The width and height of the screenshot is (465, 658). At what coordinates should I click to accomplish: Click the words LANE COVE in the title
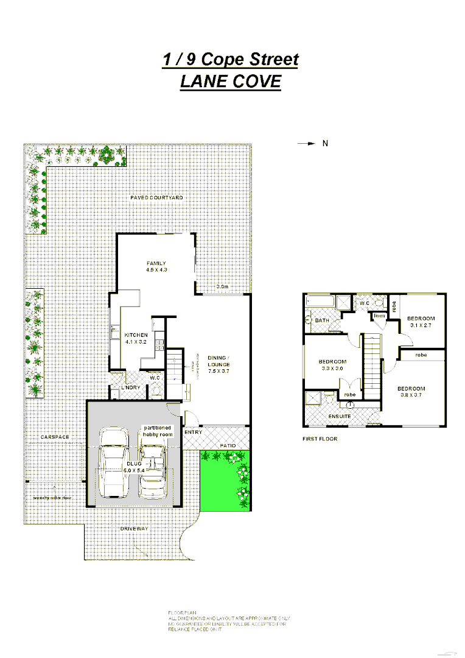pyautogui.click(x=230, y=81)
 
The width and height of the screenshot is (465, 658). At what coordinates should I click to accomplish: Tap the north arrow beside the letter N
pyautogui.click(x=306, y=144)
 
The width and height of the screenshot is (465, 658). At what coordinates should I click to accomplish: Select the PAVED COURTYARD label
pyautogui.click(x=156, y=198)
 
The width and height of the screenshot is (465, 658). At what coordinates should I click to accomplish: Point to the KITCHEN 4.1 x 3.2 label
pyautogui.click(x=136, y=339)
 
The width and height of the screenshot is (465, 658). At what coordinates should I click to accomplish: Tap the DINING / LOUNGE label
pyautogui.click(x=217, y=364)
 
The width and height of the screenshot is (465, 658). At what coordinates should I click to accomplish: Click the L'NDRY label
pyautogui.click(x=130, y=387)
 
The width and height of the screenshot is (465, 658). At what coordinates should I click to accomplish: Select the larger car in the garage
pyautogui.click(x=114, y=462)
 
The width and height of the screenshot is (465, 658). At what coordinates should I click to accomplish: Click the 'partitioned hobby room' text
pyautogui.click(x=158, y=430)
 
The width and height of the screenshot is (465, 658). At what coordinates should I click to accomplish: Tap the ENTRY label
pyautogui.click(x=194, y=432)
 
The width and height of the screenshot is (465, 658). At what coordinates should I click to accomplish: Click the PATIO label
pyautogui.click(x=228, y=445)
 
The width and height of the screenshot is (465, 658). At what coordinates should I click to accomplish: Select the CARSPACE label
pyautogui.click(x=55, y=437)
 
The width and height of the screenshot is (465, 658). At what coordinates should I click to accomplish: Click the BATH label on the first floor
pyautogui.click(x=322, y=320)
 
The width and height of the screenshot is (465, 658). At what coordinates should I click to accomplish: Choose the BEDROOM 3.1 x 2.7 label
pyautogui.click(x=421, y=322)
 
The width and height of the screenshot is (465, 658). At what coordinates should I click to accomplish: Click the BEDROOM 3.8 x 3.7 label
pyautogui.click(x=411, y=392)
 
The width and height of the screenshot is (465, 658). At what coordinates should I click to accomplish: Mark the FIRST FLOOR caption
pyautogui.click(x=320, y=439)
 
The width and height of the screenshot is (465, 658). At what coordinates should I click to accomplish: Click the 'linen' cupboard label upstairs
pyautogui.click(x=379, y=316)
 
